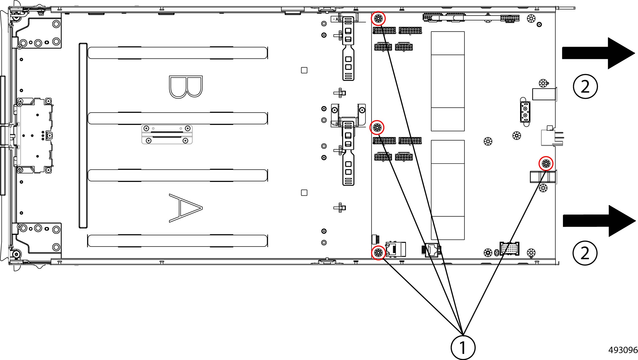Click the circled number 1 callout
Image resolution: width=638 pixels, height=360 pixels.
click(463, 347)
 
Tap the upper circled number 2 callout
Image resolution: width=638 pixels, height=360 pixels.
click(585, 86)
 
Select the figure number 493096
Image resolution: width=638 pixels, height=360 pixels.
click(623, 350)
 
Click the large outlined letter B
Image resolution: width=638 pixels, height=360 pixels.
click(186, 87)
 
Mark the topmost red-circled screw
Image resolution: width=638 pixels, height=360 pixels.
click(378, 18)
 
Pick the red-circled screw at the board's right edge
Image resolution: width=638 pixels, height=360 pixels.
click(546, 163)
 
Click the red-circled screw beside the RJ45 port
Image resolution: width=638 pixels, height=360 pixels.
click(378, 253)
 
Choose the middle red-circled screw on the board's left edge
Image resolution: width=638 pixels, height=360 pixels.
click(377, 127)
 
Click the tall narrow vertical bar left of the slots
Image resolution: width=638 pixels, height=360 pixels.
click(83, 135)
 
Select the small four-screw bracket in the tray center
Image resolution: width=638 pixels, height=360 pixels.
click(167, 134)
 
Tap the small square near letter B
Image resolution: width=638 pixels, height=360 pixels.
click(304, 70)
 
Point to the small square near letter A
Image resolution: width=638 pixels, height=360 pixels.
click(304, 193)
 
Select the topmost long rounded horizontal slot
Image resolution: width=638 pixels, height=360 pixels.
click(177, 53)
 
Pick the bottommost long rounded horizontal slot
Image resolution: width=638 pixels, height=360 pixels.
click(177, 241)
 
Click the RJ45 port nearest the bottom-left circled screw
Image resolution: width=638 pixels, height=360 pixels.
click(394, 249)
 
